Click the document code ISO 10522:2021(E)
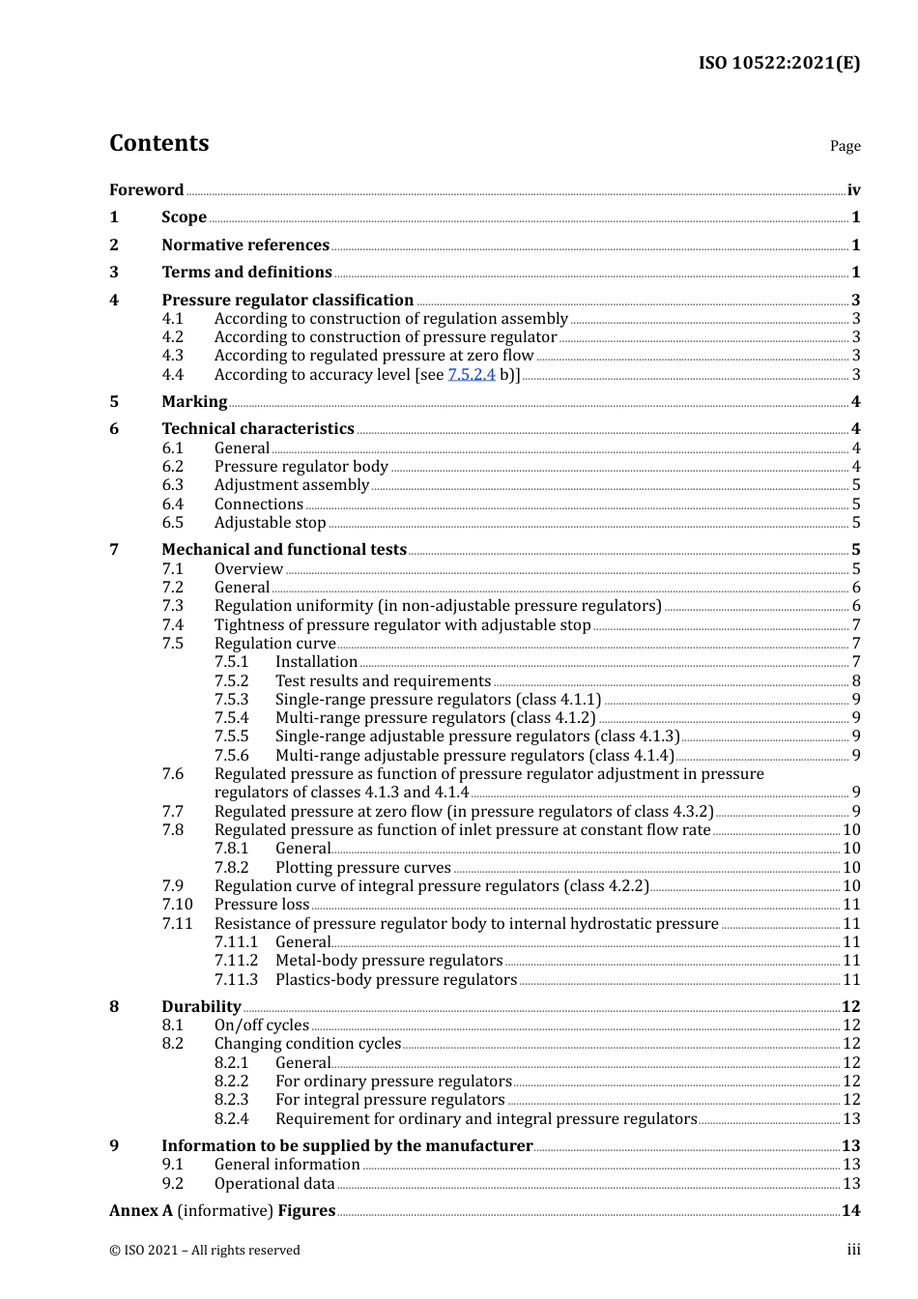[779, 64]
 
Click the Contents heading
[158, 143]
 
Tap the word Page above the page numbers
[845, 146]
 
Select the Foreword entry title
[146, 190]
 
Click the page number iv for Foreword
[853, 190]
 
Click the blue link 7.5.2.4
[472, 375]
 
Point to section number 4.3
[172, 356]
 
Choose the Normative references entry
[245, 245]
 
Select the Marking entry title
[194, 402]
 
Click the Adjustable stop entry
[270, 523]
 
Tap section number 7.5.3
[231, 700]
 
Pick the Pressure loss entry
[262, 905]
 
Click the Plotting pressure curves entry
[362, 868]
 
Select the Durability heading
[201, 1007]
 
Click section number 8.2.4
[231, 1119]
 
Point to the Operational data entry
[274, 1184]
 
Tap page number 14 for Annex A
[850, 1211]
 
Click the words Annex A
[141, 1211]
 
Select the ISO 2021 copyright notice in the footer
[205, 1251]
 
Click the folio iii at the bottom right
[853, 1250]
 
